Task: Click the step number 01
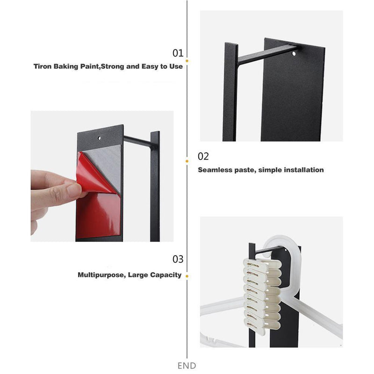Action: (178, 53)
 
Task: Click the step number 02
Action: (203, 157)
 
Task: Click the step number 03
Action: (178, 259)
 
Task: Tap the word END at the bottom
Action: (187, 366)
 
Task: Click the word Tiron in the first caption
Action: (43, 66)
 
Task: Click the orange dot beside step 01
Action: (187, 61)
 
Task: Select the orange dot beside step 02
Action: (187, 161)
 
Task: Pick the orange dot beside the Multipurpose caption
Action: (187, 276)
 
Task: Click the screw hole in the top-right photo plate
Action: (294, 53)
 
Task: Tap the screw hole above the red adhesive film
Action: (99, 138)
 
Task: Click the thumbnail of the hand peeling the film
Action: (102, 176)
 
